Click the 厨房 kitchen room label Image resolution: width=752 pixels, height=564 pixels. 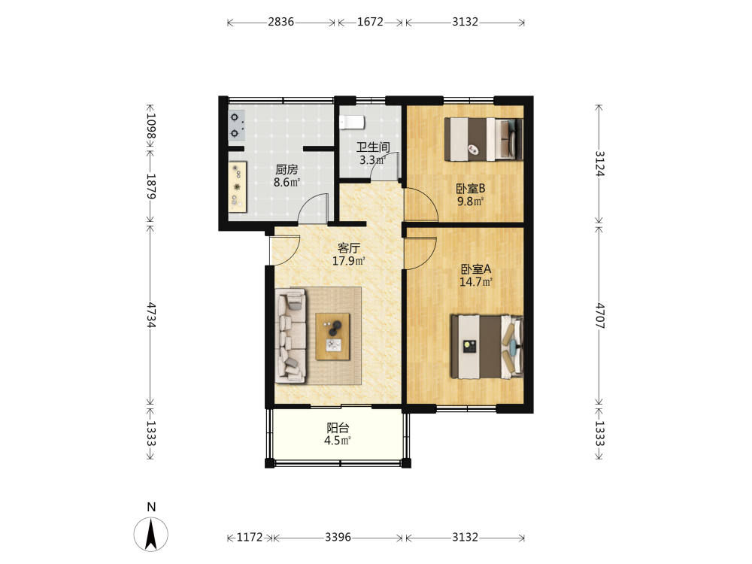[x=287, y=169]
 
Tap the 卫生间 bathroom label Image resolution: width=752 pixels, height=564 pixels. [x=373, y=147]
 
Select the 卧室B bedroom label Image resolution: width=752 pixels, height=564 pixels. [x=471, y=189]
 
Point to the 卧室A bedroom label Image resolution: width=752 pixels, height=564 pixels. [x=476, y=269]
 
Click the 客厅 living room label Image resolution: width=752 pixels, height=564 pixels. [x=349, y=248]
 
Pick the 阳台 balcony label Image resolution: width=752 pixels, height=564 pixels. [x=338, y=428]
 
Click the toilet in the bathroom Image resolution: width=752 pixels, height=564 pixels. [x=352, y=123]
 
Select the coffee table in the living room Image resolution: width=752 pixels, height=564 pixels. [x=332, y=337]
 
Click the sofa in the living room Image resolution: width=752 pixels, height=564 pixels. [x=290, y=335]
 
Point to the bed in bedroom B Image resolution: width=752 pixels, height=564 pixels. [x=484, y=139]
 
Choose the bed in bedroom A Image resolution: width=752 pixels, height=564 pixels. [x=487, y=347]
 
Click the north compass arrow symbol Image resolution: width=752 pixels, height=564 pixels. [x=151, y=534]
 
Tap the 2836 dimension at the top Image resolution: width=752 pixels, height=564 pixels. [x=281, y=22]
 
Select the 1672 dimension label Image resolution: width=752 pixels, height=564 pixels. [x=370, y=22]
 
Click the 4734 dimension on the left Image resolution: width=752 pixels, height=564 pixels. [x=151, y=315]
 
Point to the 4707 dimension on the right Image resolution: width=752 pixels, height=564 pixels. [x=600, y=315]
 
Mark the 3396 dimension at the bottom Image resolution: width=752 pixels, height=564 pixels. [x=338, y=537]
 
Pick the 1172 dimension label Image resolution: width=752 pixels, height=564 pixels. [x=250, y=537]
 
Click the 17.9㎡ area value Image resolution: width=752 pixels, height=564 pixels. [x=349, y=261]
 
